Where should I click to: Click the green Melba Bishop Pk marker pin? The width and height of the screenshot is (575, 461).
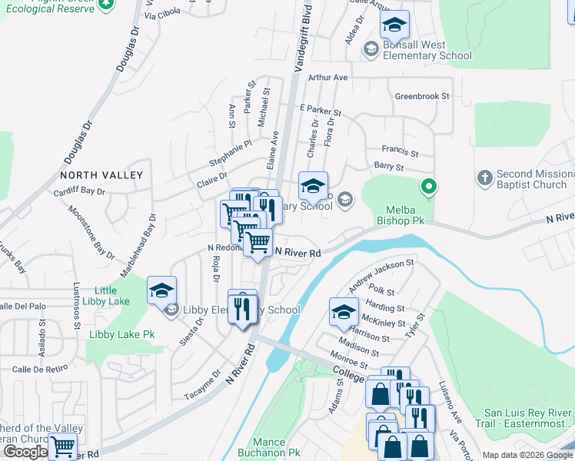point(429,187)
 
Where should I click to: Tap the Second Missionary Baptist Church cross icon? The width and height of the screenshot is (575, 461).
point(484,178)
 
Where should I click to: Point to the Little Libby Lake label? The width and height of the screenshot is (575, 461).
point(111,296)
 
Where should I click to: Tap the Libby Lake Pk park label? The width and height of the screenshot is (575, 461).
point(121,334)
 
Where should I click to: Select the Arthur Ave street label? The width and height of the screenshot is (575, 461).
point(328,78)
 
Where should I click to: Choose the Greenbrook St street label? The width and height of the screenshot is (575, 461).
point(422,97)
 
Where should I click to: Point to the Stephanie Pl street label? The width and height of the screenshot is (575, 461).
point(231,153)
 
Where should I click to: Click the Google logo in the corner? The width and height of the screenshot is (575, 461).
point(25,452)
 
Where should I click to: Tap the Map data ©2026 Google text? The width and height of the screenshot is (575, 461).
point(527,455)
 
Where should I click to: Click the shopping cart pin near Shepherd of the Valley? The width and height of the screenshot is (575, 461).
point(63,445)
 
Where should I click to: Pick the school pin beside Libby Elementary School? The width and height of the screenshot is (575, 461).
point(162,291)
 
